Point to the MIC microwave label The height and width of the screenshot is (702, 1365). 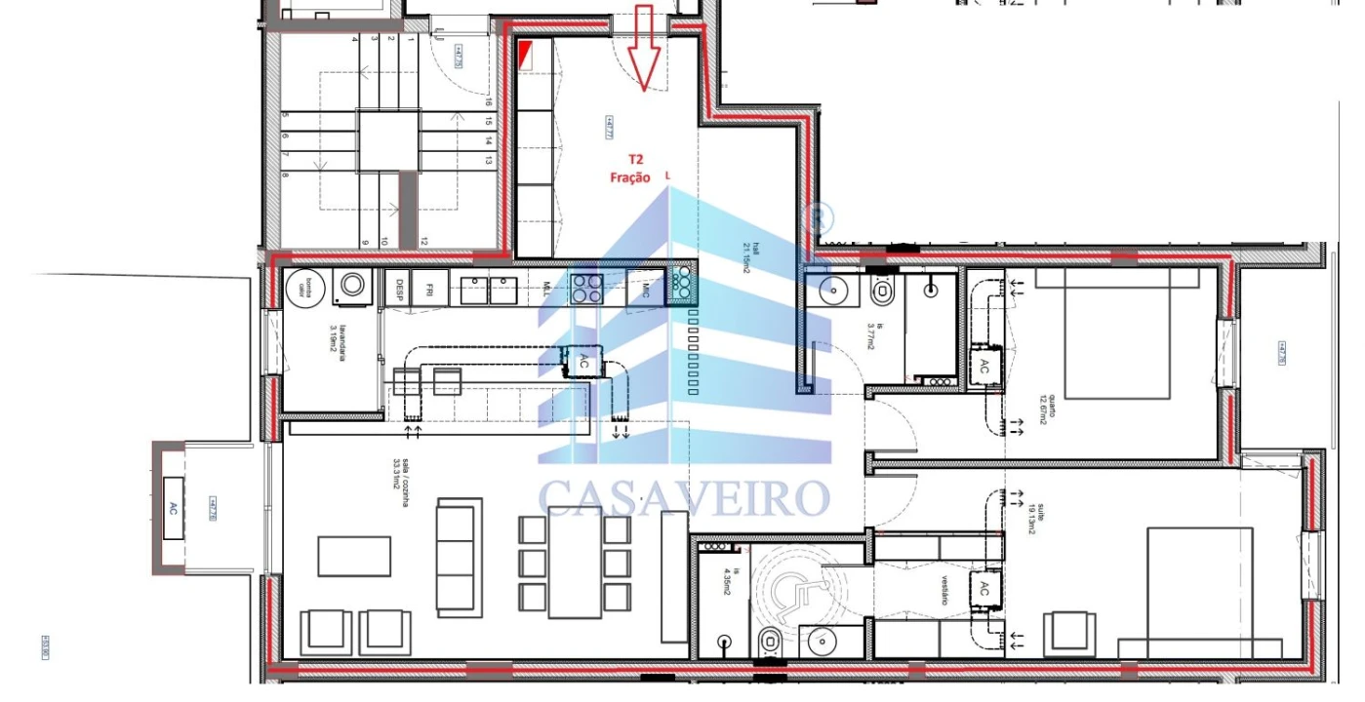[x=645, y=288]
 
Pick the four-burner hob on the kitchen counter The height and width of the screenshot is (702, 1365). [x=585, y=288]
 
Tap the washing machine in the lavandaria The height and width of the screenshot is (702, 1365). [x=352, y=287]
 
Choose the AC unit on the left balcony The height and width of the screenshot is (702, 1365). [x=175, y=507]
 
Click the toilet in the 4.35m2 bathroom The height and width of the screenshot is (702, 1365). [x=768, y=643]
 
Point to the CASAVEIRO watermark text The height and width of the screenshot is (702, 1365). [x=683, y=497]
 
